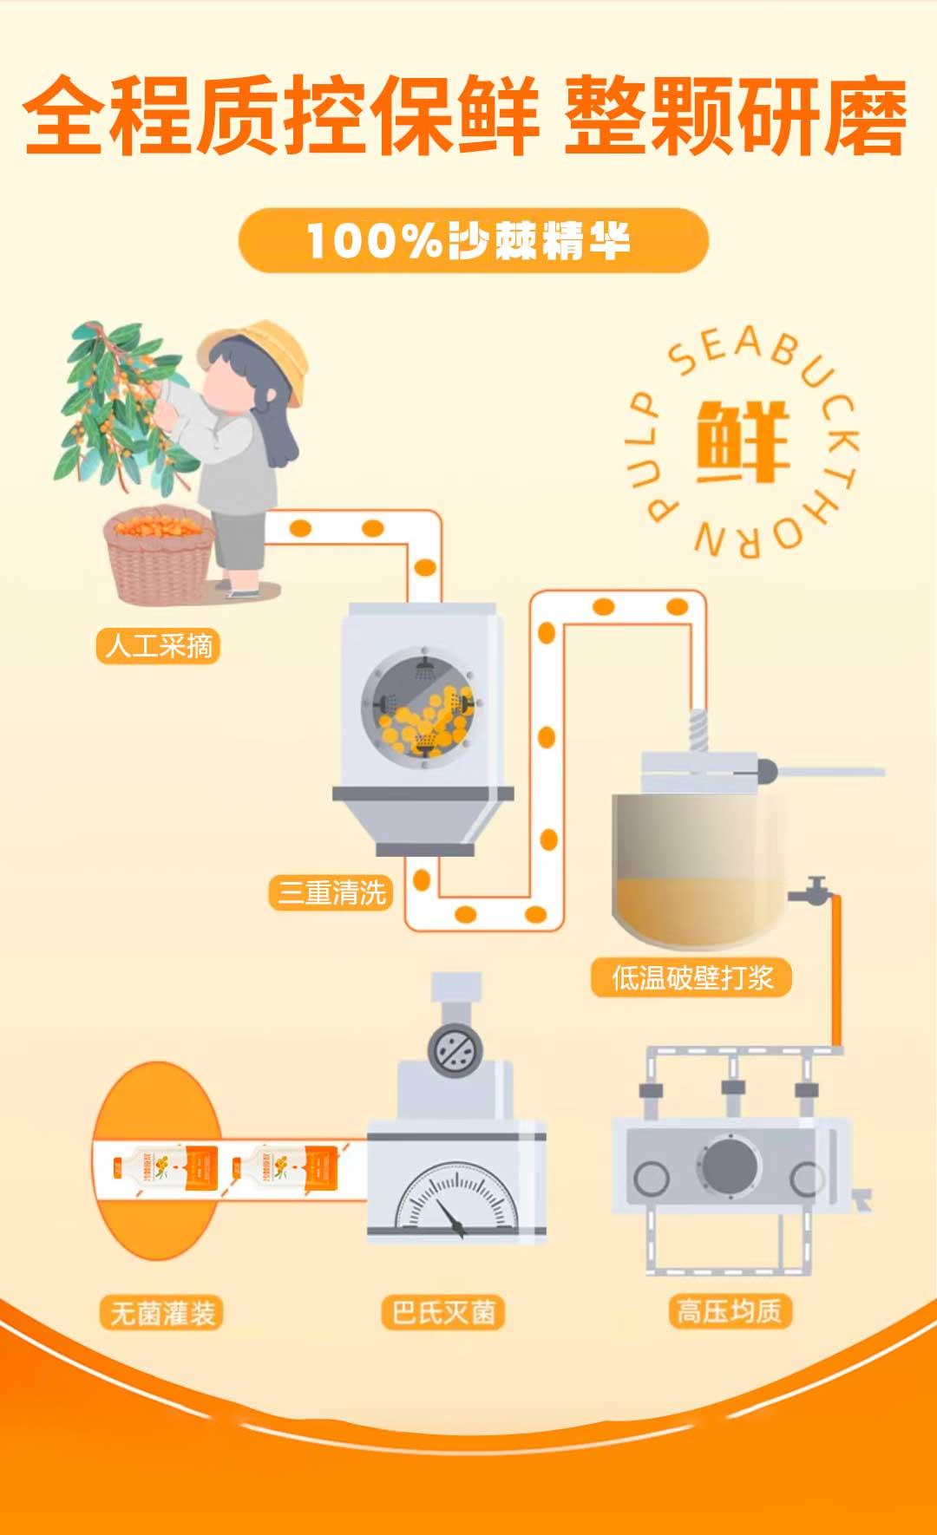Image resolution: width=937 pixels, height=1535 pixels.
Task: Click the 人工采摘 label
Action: click(x=158, y=646)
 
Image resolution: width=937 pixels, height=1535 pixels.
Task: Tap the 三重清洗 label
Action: click(x=331, y=892)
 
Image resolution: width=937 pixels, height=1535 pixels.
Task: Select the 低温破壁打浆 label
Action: click(x=691, y=977)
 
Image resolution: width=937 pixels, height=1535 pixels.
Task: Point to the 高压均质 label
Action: click(x=729, y=1310)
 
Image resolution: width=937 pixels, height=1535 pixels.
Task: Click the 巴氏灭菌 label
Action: click(x=442, y=1312)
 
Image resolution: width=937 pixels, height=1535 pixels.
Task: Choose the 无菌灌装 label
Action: click(x=162, y=1313)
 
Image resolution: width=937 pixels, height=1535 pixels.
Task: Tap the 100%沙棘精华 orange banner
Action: click(x=473, y=240)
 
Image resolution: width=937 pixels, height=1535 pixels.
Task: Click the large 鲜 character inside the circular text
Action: click(x=743, y=441)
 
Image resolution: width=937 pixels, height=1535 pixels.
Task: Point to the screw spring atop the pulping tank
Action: click(x=698, y=733)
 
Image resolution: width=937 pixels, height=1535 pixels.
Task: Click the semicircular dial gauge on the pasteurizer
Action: click(x=455, y=1197)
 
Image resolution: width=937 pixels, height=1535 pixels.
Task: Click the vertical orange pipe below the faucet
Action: click(x=837, y=971)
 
